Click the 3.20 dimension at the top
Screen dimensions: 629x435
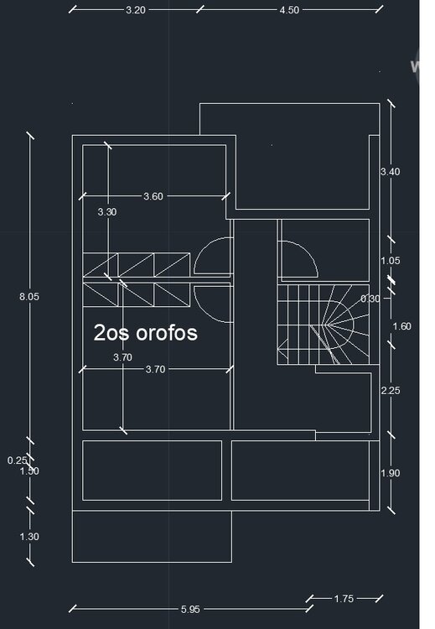[136, 11]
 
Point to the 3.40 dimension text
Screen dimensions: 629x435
[390, 172]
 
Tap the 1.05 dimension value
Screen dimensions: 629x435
[390, 261]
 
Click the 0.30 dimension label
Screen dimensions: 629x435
[369, 299]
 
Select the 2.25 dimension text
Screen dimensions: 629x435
[390, 391]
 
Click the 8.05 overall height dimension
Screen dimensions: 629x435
[29, 296]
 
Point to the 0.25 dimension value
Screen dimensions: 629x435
[17, 460]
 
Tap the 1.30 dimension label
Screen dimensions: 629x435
[29, 537]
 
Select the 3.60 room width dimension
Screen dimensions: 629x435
[153, 196]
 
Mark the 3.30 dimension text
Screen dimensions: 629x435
[106, 212]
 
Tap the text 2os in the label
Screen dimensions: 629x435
[109, 333]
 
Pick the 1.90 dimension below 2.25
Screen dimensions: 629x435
[390, 474]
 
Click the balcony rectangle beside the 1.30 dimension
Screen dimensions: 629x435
[151, 537]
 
